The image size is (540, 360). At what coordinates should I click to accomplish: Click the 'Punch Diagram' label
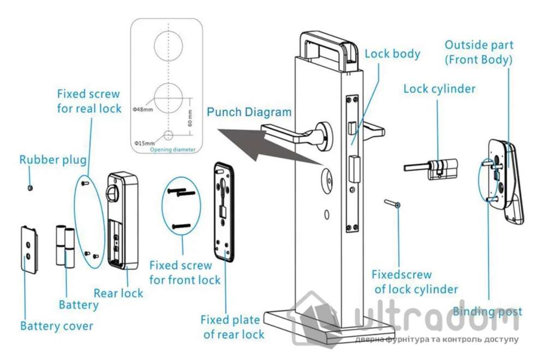249,112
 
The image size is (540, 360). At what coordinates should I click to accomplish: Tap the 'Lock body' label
392,54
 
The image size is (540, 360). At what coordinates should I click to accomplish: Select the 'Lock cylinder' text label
439,89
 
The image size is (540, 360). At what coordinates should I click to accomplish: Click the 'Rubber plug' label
53,160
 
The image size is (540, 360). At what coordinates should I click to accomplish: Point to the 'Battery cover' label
56,326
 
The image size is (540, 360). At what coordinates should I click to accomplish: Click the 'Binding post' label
487,311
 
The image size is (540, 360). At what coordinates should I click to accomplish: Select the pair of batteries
65,247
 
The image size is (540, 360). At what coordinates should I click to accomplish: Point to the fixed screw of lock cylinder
393,204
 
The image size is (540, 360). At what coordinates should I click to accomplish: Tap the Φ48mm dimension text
142,109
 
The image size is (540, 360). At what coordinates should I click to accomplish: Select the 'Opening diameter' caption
172,149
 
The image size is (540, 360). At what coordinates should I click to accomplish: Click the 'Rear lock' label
118,293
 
